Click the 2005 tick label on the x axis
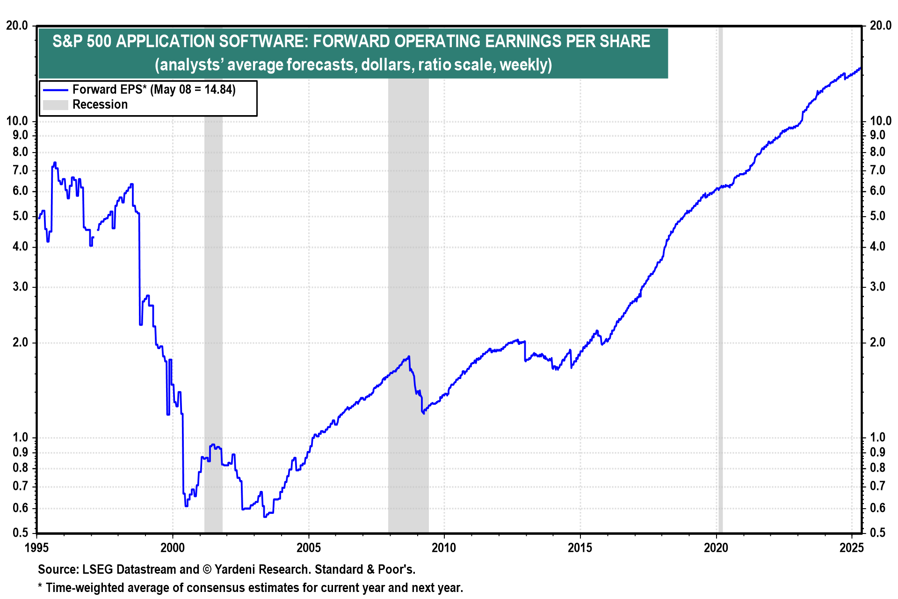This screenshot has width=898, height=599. coord(308,547)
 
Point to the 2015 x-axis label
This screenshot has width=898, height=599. coord(580,547)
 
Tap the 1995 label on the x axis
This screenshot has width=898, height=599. coord(36,547)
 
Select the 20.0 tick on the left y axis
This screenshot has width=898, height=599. coord(17,26)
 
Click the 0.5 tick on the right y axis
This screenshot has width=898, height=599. coord(877,533)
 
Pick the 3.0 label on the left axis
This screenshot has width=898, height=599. coord(20,287)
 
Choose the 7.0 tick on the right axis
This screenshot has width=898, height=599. coord(877,170)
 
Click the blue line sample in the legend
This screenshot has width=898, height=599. coord(56,89)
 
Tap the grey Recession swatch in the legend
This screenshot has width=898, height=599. coord(56,105)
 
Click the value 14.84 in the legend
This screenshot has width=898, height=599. coord(218,89)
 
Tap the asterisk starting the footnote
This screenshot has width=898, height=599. coord(40,587)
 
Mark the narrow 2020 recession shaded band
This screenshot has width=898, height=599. coord(720,281)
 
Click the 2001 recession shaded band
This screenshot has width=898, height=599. coord(213,281)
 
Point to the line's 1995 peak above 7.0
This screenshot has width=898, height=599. coord(55,163)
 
